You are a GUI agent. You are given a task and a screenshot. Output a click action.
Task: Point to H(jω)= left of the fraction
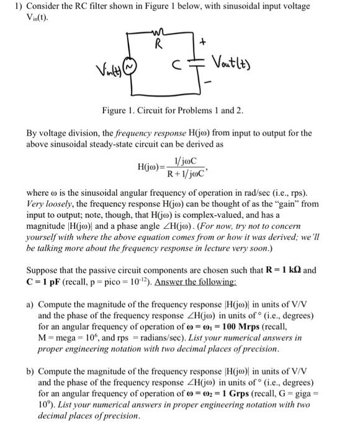(x=151, y=166)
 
